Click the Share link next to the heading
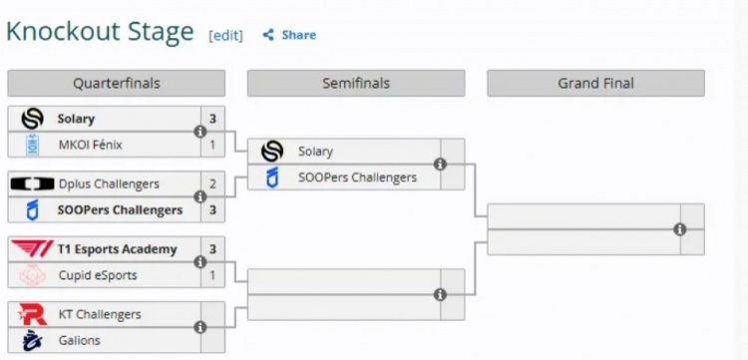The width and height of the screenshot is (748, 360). coord(289,35)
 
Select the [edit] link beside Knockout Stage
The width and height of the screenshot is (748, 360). coord(225,36)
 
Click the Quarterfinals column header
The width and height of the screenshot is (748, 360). coord(117,84)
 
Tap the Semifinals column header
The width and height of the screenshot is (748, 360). coord(356,84)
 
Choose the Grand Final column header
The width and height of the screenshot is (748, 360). coord(595,84)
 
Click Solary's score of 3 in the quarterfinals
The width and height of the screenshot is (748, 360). coord(212,119)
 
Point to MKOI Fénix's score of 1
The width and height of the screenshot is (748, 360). coord(212,145)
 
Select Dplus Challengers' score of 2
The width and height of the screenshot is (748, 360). coord(212,184)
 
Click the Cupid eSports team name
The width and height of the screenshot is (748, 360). coord(98,275)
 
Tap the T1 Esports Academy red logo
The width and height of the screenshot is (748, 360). coord(32,249)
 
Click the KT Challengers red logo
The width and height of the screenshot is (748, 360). coord(33,315)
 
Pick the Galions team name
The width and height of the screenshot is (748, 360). coord(79,340)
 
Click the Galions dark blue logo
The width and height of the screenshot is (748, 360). coord(33,340)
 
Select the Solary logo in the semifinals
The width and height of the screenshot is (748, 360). coord(272,152)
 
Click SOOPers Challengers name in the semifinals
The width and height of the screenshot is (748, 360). coord(357,178)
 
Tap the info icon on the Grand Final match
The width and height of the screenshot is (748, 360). coord(680,229)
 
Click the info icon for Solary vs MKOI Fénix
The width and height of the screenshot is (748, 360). coord(200,132)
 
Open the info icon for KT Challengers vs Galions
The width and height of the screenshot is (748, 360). coord(200,327)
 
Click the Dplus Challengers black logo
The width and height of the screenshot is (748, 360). coord(33,184)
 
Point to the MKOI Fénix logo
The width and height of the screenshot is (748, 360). coord(33,145)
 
